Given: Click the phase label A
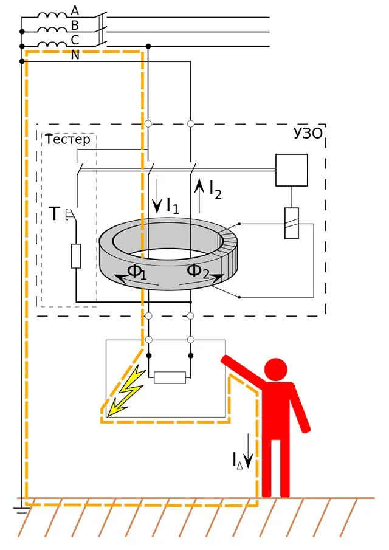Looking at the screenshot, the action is (75, 11).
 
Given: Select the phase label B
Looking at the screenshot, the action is (75, 26).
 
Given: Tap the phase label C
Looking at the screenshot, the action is (75, 40).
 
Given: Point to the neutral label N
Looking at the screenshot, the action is (75, 55).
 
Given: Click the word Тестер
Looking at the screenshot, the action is (67, 140).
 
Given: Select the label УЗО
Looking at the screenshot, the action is (308, 133).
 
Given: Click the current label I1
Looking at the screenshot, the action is (173, 205).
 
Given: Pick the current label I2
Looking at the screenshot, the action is (215, 190).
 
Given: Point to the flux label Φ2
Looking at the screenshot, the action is (198, 271).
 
